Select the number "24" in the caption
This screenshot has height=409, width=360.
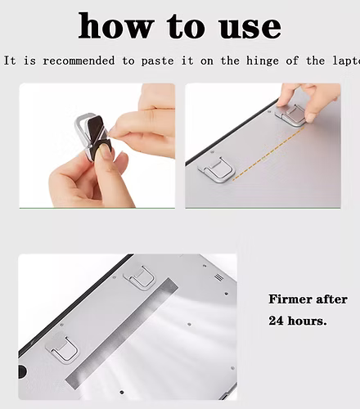coord(277,321)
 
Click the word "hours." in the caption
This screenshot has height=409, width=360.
coord(308,321)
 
